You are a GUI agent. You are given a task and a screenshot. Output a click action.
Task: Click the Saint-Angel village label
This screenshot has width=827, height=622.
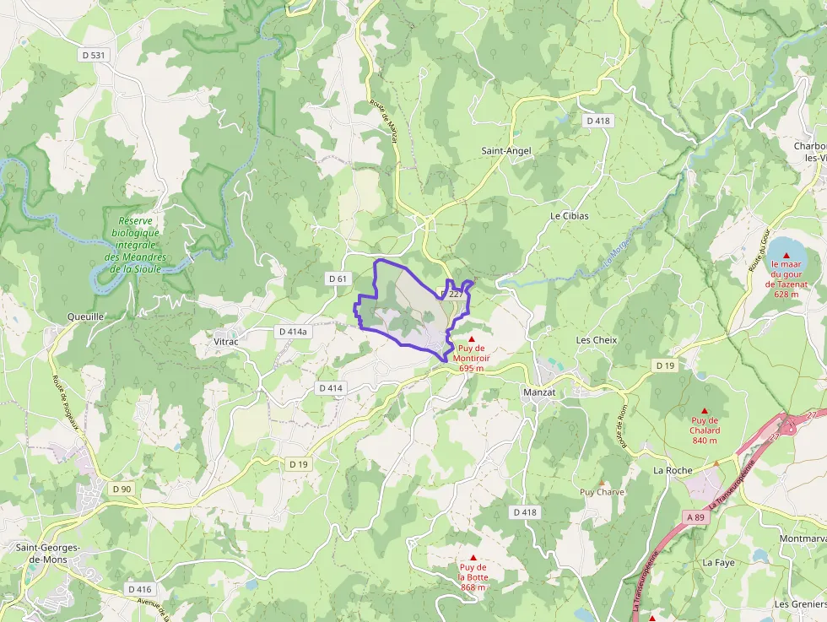coord(506,150)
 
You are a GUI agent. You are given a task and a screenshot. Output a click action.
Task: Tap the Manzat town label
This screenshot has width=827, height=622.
coord(539,392)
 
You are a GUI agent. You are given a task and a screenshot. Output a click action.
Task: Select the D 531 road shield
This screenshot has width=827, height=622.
coord(95,55)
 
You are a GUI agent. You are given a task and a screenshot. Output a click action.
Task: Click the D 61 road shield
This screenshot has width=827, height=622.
coord(338,279)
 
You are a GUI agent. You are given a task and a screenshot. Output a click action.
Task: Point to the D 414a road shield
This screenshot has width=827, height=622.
coord(293,332)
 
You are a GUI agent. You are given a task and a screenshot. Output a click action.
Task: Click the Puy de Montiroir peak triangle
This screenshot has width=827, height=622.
coord(472,338)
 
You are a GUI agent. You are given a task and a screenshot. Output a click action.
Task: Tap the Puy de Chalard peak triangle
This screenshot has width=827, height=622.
coord(705,411)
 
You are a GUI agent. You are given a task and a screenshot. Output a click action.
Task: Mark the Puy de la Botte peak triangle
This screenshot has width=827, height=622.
coord(473,558)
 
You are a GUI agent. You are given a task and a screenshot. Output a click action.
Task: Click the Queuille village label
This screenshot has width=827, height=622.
coord(85,316)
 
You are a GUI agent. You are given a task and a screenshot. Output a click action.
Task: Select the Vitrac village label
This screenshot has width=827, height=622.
coord(226,341)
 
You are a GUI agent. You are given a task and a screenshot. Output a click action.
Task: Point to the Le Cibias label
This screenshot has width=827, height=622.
coord(570,215)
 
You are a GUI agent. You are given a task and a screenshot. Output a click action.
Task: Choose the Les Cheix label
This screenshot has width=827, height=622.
coord(597,339)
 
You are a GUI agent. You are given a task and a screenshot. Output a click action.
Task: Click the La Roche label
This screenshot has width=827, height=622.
coord(673,470)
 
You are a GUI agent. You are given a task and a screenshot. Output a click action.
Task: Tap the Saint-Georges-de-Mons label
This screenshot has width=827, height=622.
coord(48,553)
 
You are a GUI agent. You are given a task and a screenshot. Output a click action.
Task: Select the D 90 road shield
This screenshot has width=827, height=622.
coord(122,489)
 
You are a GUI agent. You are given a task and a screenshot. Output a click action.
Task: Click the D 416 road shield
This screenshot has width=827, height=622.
coord(140,588)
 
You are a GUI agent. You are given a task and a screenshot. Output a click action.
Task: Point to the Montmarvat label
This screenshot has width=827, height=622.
coord(803,538)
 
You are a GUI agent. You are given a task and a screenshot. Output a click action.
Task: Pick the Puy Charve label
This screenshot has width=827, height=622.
coord(602,491)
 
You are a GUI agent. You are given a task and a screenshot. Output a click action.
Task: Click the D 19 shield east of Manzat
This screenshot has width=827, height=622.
coord(665,365)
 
